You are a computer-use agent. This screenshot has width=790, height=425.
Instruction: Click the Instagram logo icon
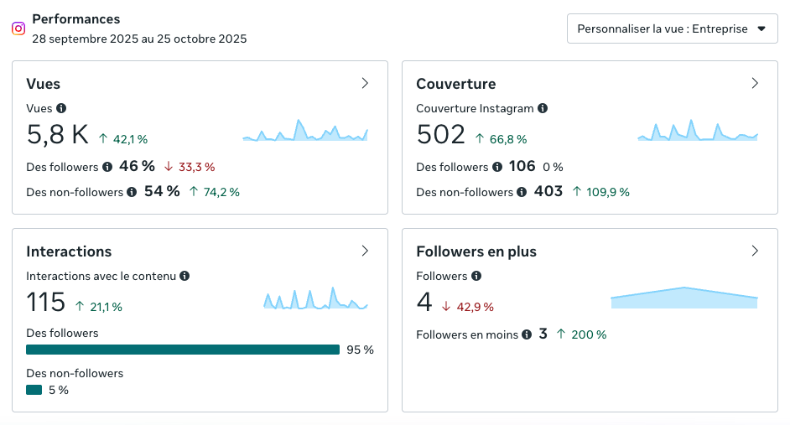pyautogui.click(x=18, y=28)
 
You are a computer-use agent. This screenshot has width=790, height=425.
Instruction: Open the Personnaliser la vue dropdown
pyautogui.click(x=672, y=29)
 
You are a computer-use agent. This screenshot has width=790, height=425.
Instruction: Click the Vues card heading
pyautogui.click(x=44, y=84)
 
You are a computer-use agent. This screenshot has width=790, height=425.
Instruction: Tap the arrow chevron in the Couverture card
pyautogui.click(x=755, y=83)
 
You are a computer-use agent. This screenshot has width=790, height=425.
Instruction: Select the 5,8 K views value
pyautogui.click(x=58, y=135)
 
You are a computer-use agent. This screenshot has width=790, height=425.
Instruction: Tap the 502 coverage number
pyautogui.click(x=441, y=135)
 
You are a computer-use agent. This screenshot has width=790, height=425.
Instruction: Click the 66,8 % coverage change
pyautogui.click(x=507, y=139)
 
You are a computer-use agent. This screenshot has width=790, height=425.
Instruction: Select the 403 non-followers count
pyautogui.click(x=548, y=191)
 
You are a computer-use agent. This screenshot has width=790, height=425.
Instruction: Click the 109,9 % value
pyautogui.click(x=606, y=192)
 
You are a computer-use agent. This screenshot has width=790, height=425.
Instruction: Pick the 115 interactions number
pyautogui.click(x=46, y=302)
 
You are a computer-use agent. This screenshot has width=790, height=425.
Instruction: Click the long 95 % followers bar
pyautogui.click(x=183, y=350)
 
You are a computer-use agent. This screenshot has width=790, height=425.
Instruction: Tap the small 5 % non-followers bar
pyautogui.click(x=34, y=390)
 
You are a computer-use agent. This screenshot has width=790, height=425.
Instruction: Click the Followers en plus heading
pyautogui.click(x=476, y=251)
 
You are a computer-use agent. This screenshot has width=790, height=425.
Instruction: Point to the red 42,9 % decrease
pyautogui.click(x=474, y=307)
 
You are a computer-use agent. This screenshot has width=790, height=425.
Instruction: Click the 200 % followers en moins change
pyautogui.click(x=588, y=334)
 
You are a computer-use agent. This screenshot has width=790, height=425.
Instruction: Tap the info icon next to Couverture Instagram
pyautogui.click(x=543, y=108)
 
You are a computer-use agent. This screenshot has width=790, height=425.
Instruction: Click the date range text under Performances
pyautogui.click(x=139, y=39)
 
